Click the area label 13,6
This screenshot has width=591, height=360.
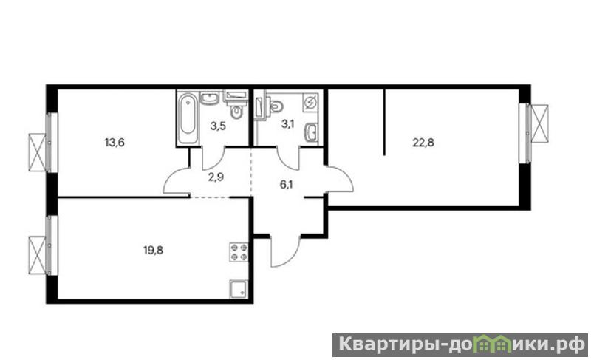[115, 143]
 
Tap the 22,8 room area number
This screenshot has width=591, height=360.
[423, 143]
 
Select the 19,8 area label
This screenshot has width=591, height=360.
[153, 250]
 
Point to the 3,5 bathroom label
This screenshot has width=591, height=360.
[218, 126]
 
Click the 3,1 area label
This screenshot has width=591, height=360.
[287, 123]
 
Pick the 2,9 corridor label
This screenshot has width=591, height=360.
[216, 177]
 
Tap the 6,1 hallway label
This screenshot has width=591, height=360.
[287, 185]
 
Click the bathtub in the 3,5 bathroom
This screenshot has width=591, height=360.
[188, 118]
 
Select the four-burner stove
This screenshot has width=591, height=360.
[239, 253]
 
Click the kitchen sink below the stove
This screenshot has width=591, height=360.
[239, 289]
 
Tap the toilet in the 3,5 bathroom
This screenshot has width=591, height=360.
[236, 111]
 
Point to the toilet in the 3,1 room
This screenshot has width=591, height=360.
[276, 106]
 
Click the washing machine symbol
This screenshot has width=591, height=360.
[310, 103]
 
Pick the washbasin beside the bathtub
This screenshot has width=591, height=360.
[208, 98]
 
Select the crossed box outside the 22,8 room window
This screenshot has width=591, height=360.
[540, 123]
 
